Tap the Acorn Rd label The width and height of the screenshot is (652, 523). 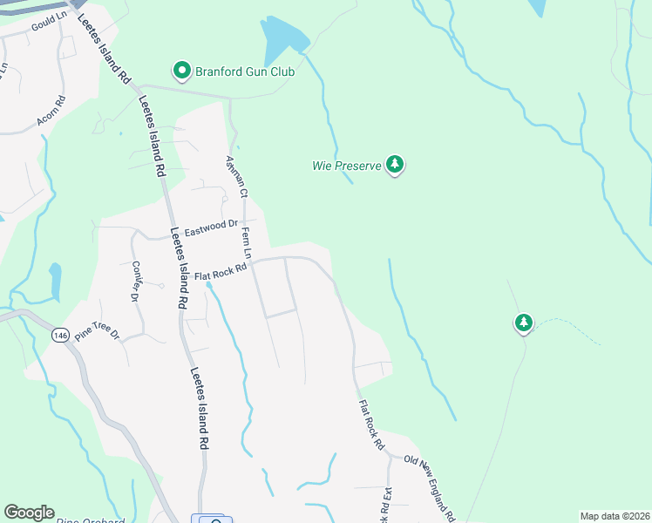tap(51, 111)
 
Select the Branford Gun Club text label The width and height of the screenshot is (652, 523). tap(245, 71)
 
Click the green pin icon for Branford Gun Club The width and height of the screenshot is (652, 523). tap(181, 70)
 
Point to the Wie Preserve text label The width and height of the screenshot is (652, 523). tap(347, 165)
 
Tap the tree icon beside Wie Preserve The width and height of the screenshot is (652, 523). tap(396, 164)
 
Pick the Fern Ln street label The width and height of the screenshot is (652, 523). tap(247, 243)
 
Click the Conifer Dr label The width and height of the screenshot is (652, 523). tap(135, 281)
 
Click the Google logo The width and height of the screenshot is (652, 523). tap(29, 513)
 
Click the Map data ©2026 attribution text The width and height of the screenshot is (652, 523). tap(615, 516)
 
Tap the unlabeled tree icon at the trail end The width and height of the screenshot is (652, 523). tap(523, 324)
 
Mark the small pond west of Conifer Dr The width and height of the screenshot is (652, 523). tap(55, 278)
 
